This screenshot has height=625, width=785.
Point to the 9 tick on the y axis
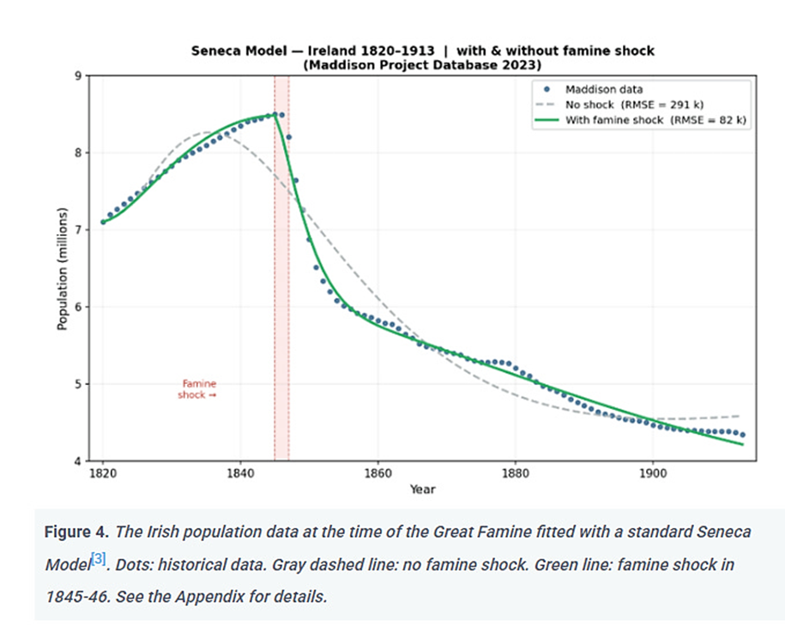(77, 76)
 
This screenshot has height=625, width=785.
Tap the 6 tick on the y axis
(77, 307)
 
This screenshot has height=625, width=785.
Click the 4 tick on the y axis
(77, 461)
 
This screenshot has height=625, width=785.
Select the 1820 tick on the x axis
(103, 472)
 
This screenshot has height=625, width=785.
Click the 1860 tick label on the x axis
(377, 472)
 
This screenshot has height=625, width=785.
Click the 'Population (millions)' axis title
(62, 268)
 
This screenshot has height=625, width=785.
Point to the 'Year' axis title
(421, 490)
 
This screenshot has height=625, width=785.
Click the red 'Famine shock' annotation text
(197, 389)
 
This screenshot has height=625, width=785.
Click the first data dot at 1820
(103, 222)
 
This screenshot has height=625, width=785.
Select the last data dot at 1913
(742, 435)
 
